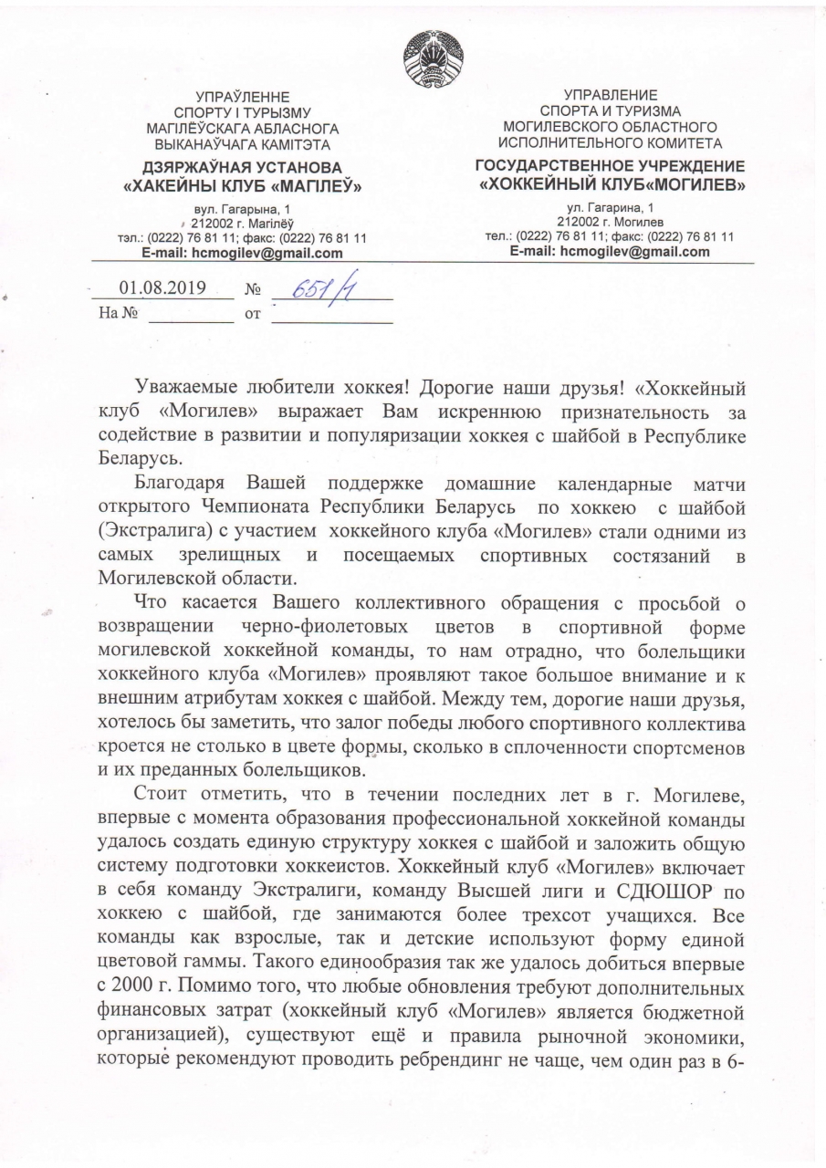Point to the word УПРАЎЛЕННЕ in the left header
point(244,97)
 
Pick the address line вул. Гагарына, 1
point(243,210)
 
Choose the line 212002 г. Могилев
point(611,222)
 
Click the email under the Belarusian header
point(243,253)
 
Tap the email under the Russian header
point(610,252)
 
